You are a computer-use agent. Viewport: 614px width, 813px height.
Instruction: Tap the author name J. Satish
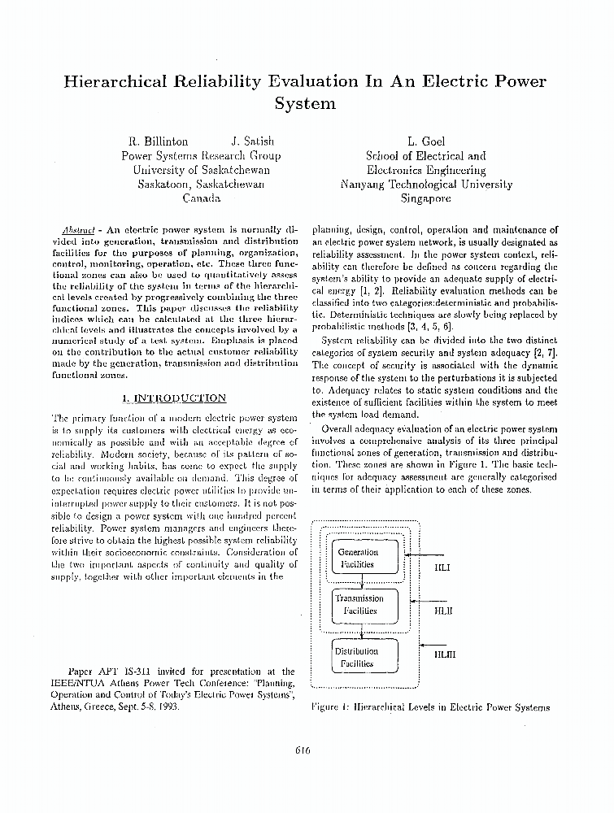tap(253, 141)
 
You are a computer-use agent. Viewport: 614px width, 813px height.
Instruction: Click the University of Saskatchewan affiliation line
tap(201, 170)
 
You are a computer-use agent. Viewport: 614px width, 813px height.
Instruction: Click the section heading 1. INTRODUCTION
tap(173, 398)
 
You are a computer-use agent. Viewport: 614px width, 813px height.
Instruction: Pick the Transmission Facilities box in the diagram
tap(359, 604)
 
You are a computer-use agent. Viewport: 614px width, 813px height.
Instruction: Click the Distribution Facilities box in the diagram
tap(357, 657)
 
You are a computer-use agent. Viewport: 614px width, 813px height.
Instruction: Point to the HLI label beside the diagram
tap(443, 568)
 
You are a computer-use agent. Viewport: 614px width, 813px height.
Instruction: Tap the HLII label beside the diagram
tap(443, 610)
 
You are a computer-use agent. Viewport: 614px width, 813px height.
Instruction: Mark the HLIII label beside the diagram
tap(445, 653)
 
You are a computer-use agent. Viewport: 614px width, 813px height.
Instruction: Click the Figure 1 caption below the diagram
tap(431, 707)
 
